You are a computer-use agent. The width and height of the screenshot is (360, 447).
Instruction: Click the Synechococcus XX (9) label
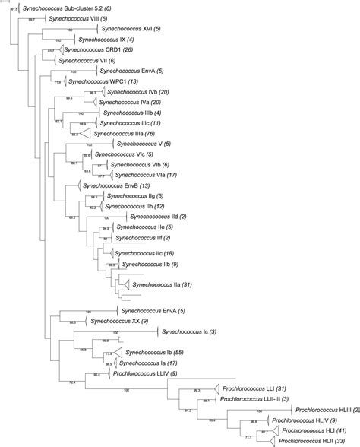tap(118, 322)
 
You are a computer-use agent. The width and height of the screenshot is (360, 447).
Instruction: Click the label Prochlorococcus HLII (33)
tap(308, 439)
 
